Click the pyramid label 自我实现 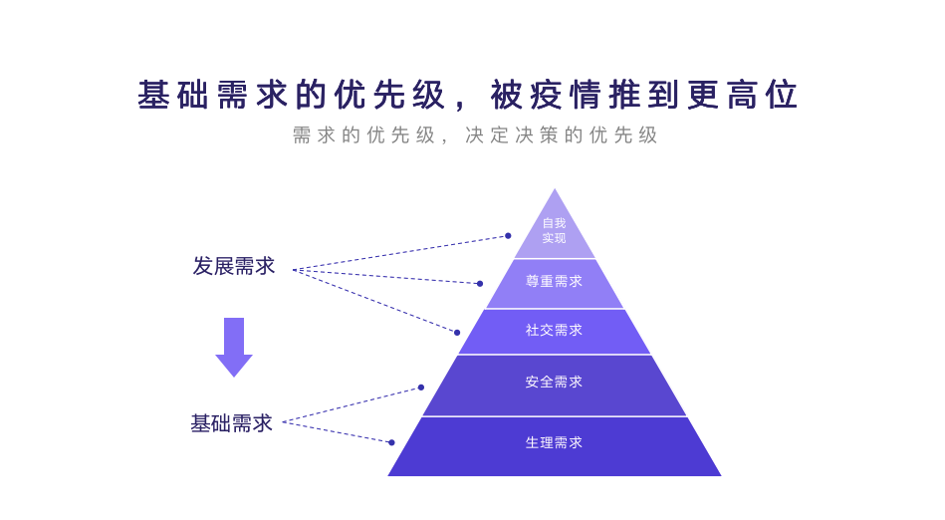pos(554,230)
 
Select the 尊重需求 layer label pos(554,282)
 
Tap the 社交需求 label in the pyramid pos(554,330)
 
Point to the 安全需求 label pos(554,382)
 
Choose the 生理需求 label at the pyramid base pos(554,442)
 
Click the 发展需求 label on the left pos(234,266)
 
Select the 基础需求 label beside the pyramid pos(232,423)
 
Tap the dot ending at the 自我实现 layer pos(508,236)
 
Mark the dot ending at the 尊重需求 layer pos(480,284)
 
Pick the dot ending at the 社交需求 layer pos(457,333)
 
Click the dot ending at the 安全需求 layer pos(421,388)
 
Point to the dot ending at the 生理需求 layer pos(391,442)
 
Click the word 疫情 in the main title pos(569,96)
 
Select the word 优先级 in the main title pos(390,96)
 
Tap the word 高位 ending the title pos(763,96)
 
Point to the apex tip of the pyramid pos(555,189)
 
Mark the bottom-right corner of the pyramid pos(720,475)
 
